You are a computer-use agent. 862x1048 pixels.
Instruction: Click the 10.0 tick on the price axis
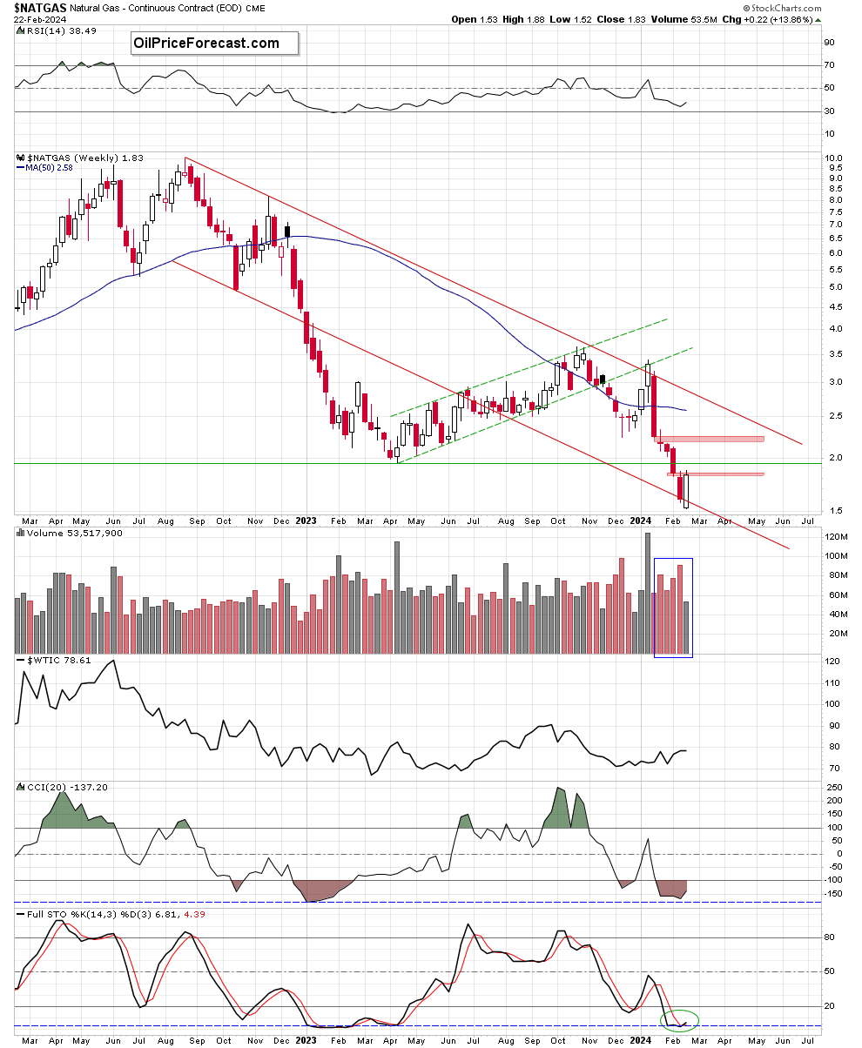tap(833, 159)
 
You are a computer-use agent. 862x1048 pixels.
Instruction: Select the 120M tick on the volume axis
tap(837, 536)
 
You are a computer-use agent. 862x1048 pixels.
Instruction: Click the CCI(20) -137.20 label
tap(55, 787)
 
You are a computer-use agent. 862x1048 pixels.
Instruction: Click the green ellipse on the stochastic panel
tap(680, 1018)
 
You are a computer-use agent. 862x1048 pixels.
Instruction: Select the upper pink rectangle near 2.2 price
tap(710, 439)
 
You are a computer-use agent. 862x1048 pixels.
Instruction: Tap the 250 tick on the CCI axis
tap(833, 787)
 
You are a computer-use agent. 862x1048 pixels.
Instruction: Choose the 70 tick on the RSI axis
tap(832, 65)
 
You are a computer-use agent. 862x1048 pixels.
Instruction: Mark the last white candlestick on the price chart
tap(686, 491)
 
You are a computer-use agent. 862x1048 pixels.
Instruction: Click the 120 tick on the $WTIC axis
tap(834, 662)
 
